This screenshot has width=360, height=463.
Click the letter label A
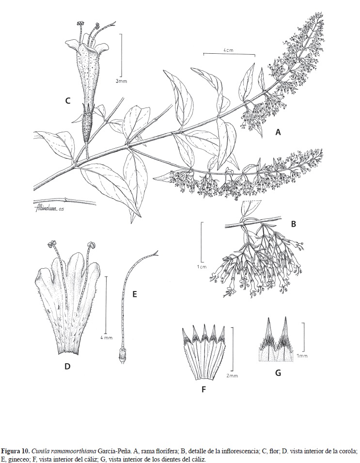coord(278,133)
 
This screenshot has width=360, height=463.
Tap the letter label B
coord(293,224)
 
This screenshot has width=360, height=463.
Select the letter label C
coord(68,101)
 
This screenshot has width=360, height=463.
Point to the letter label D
coord(67,367)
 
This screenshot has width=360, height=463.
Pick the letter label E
coord(135,294)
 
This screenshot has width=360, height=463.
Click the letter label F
coord(203,390)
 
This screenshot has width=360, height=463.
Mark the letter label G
coord(278,373)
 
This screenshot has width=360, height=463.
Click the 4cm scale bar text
coord(228,50)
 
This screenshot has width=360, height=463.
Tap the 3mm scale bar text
coord(121,81)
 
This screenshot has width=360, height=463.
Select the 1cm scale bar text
coord(202,267)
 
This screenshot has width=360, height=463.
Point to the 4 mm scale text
coord(106,338)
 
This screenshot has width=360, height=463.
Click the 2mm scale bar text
coord(232,376)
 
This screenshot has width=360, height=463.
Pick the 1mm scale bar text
coord(302,356)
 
